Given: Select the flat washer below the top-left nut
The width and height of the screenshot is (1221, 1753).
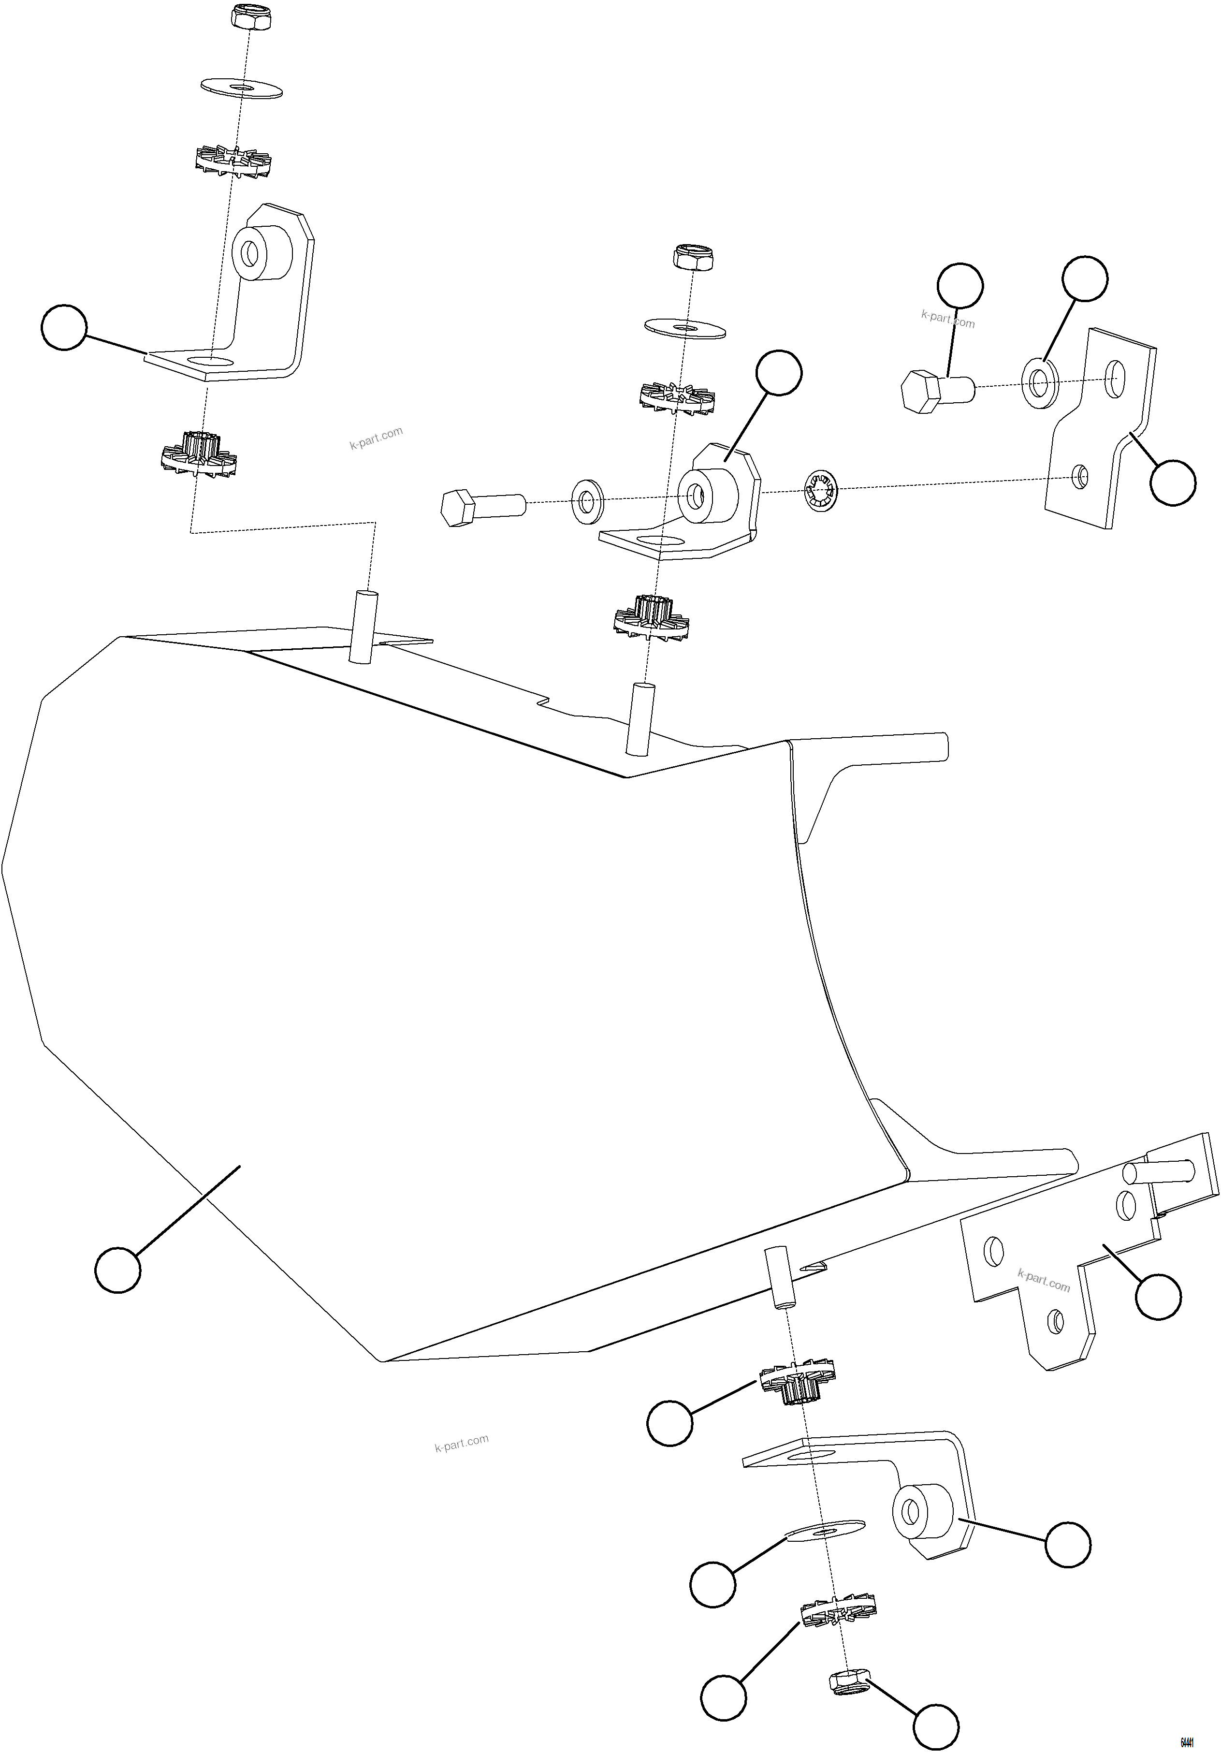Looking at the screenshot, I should click(x=241, y=86).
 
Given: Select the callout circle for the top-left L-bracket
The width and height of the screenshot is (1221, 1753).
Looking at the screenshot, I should click(x=64, y=328).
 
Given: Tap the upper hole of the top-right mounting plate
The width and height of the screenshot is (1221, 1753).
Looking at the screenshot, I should click(x=1116, y=375).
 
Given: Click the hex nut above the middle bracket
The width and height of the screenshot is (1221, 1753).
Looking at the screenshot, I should click(x=693, y=257).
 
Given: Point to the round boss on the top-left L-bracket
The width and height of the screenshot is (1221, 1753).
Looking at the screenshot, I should click(x=262, y=253).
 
